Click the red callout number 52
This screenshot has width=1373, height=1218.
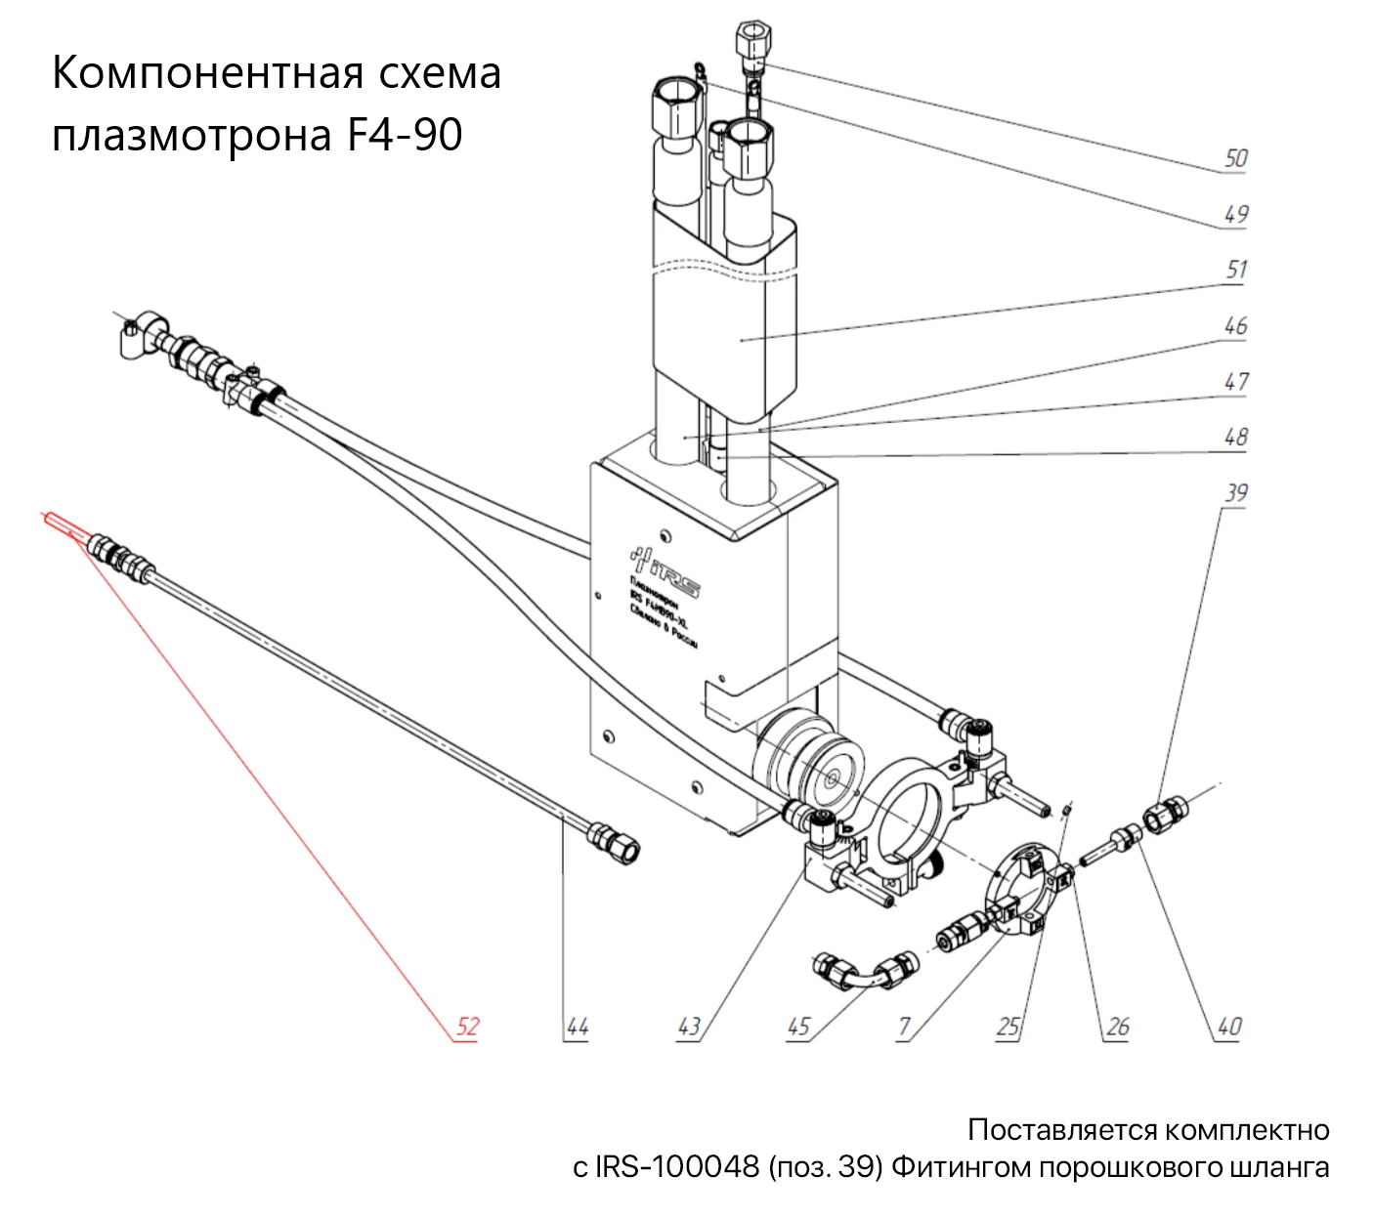point(468,1026)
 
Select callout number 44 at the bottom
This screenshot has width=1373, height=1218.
point(578,1026)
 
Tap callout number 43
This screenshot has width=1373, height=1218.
point(689,1026)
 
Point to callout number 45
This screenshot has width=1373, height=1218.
point(799,1026)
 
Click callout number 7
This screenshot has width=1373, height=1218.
point(905,1026)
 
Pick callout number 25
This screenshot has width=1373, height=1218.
point(1008,1026)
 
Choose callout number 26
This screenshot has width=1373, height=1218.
point(1118,1026)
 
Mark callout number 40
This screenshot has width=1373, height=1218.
point(1228,1026)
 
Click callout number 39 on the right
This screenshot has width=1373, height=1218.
point(1236,492)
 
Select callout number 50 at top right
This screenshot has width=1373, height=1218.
point(1236,157)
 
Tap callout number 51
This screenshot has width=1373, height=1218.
point(1236,269)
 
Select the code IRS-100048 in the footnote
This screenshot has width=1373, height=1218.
point(665,1167)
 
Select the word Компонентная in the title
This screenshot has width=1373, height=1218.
point(195,73)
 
